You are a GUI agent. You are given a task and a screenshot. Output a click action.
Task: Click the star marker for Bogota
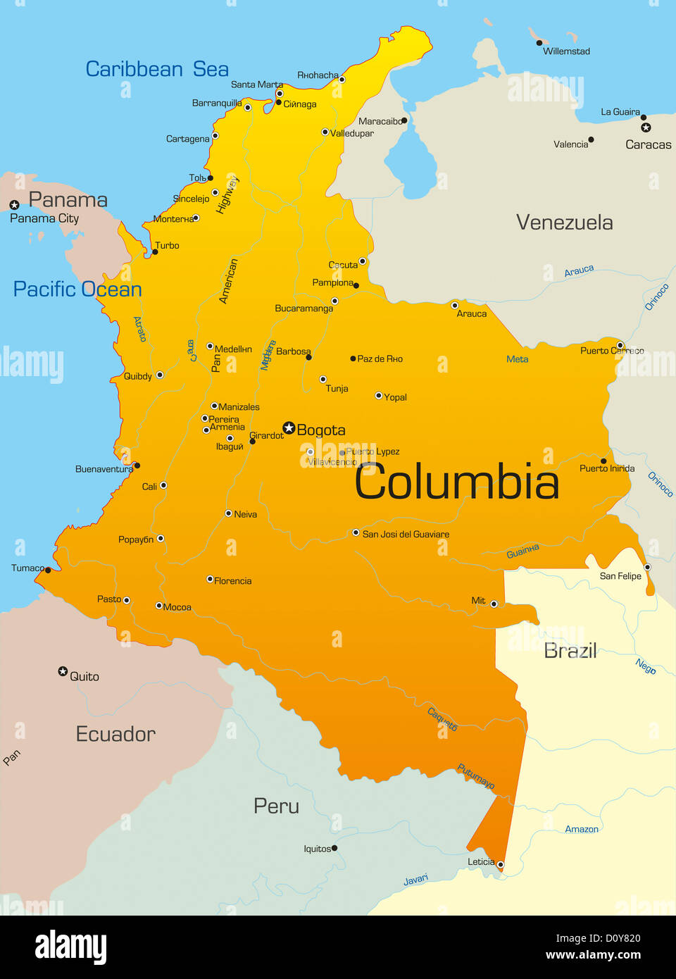[289, 428]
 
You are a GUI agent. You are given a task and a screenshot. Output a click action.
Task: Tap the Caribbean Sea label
[157, 69]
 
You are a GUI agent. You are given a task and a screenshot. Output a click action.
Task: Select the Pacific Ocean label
[77, 289]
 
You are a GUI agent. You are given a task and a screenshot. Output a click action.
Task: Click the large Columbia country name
[456, 482]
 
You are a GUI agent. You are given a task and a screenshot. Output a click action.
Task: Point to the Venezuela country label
[564, 223]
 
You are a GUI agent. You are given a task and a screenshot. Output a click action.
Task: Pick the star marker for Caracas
[646, 127]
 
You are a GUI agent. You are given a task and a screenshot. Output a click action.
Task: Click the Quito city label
[84, 676]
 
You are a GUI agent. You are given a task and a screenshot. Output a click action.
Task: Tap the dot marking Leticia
[501, 864]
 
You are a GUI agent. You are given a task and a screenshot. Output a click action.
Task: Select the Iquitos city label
[317, 849]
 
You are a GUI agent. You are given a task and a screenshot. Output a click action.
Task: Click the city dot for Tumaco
[48, 570]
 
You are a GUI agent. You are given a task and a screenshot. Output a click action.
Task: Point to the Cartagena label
[187, 139]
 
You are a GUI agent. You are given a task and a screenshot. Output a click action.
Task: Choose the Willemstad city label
[566, 51]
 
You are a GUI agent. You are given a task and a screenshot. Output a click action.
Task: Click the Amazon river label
[582, 829]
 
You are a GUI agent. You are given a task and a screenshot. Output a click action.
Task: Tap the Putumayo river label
[476, 776]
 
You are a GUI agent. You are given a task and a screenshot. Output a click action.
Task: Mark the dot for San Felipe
[647, 567]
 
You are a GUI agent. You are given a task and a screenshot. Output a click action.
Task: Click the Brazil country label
[570, 650]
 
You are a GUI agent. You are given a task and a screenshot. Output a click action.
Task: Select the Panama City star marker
[14, 205]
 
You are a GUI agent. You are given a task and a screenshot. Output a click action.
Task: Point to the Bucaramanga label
[303, 308]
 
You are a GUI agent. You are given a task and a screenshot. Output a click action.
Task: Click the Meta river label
[517, 359]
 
